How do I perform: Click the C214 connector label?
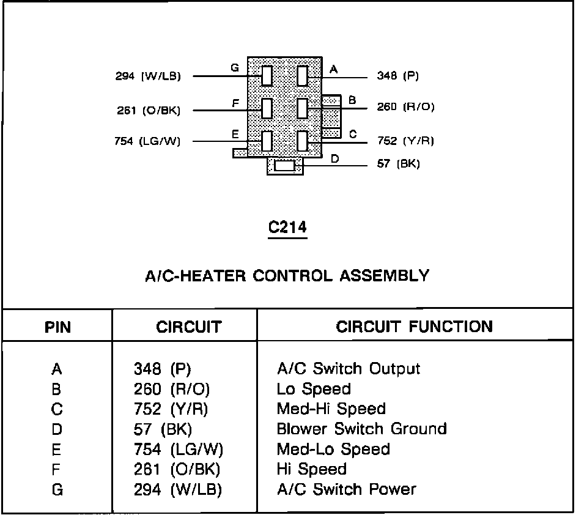click(x=287, y=228)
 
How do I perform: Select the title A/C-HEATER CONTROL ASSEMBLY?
click(x=287, y=275)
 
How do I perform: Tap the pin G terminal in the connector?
click(x=267, y=76)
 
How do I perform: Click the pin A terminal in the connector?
click(x=302, y=76)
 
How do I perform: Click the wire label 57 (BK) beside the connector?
click(x=398, y=164)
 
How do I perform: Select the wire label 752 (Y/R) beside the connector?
click(x=405, y=141)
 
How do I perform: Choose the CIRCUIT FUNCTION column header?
click(x=414, y=326)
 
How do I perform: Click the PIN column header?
click(x=57, y=327)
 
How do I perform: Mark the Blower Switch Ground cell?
click(x=361, y=429)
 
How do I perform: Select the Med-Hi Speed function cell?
click(x=331, y=409)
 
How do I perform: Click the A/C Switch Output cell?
click(x=348, y=369)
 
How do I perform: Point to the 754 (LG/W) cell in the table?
click(x=178, y=450)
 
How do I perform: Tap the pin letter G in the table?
click(x=57, y=490)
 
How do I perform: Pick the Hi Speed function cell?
click(x=311, y=469)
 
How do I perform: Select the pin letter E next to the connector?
click(x=235, y=133)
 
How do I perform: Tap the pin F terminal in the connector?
click(x=267, y=108)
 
